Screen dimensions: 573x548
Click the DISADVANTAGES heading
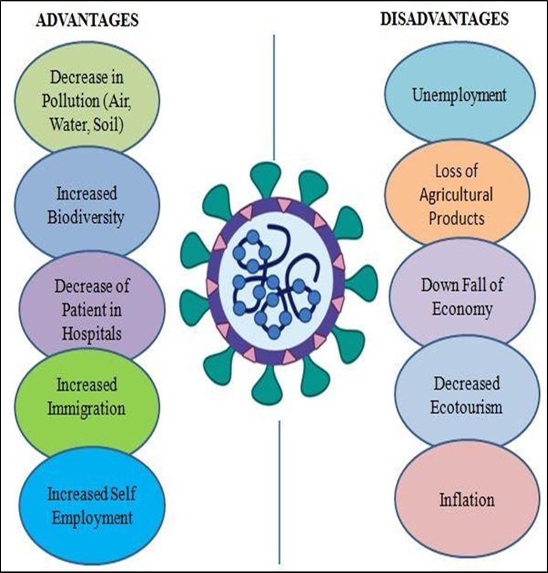[444, 19]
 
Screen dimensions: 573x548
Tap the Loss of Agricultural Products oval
[456, 194]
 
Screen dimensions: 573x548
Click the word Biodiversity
[87, 218]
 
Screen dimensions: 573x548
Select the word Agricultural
[456, 194]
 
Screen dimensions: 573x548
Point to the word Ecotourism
[466, 407]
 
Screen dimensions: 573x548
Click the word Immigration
[90, 408]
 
